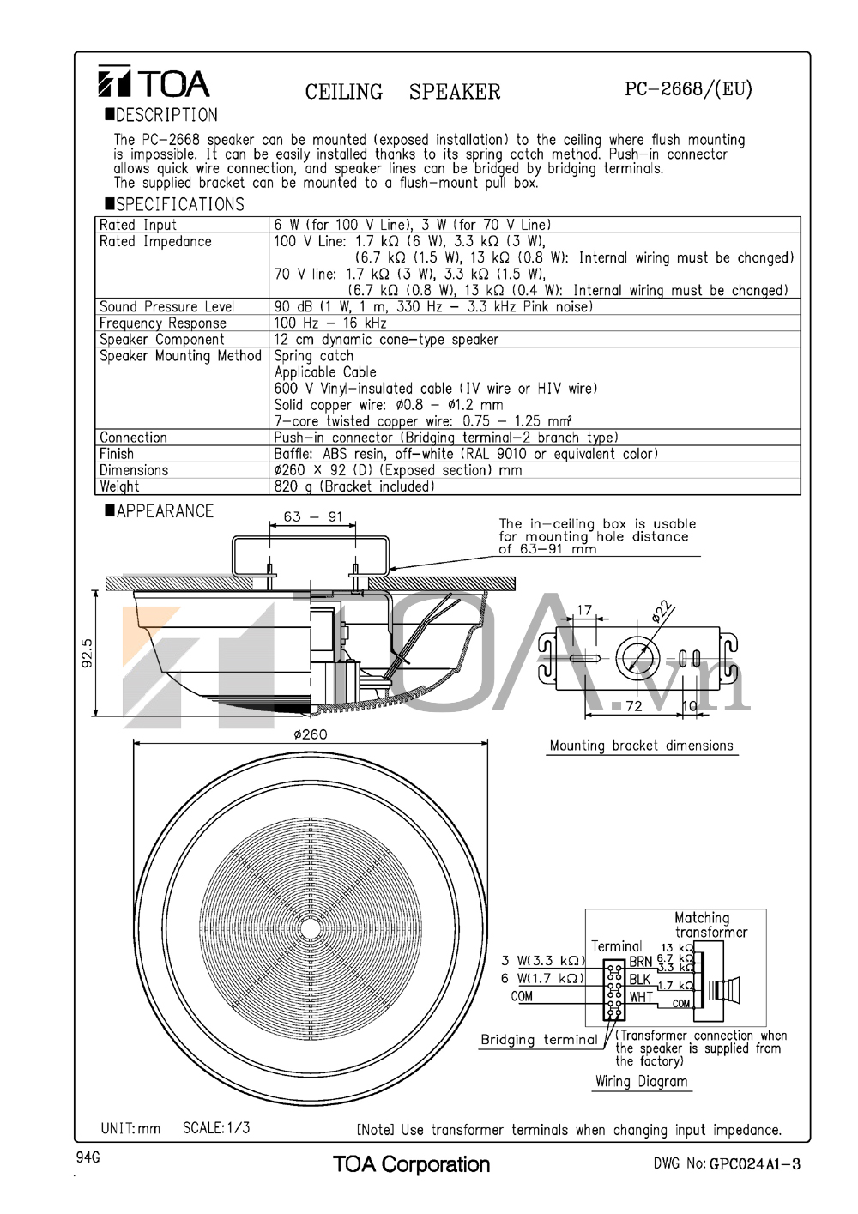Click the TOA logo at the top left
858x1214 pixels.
coord(154,82)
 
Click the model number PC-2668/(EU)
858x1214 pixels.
coord(688,88)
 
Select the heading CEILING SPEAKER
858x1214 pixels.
coord(402,92)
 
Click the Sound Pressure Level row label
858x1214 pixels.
coord(166,306)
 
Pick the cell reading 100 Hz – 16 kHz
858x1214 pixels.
coord(330,323)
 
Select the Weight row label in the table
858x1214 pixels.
coord(119,486)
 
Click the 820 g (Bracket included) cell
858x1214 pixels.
coord(354,486)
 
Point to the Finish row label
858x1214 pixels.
coord(117,454)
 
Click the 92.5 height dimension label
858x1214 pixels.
coord(87,652)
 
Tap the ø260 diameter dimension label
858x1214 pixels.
coord(310,734)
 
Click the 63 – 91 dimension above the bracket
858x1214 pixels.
coord(312,516)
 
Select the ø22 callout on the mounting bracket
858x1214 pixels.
coord(662,611)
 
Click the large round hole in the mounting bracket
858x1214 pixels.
coord(637,659)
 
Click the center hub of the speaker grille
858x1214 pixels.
coord(309,927)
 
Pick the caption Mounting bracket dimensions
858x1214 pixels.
coord(641,746)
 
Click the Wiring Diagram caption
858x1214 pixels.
coord(641,1081)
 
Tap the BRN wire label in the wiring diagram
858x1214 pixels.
coord(640,962)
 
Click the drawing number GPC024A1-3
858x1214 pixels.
coord(754,1163)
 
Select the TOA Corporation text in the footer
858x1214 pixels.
coord(411,1163)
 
